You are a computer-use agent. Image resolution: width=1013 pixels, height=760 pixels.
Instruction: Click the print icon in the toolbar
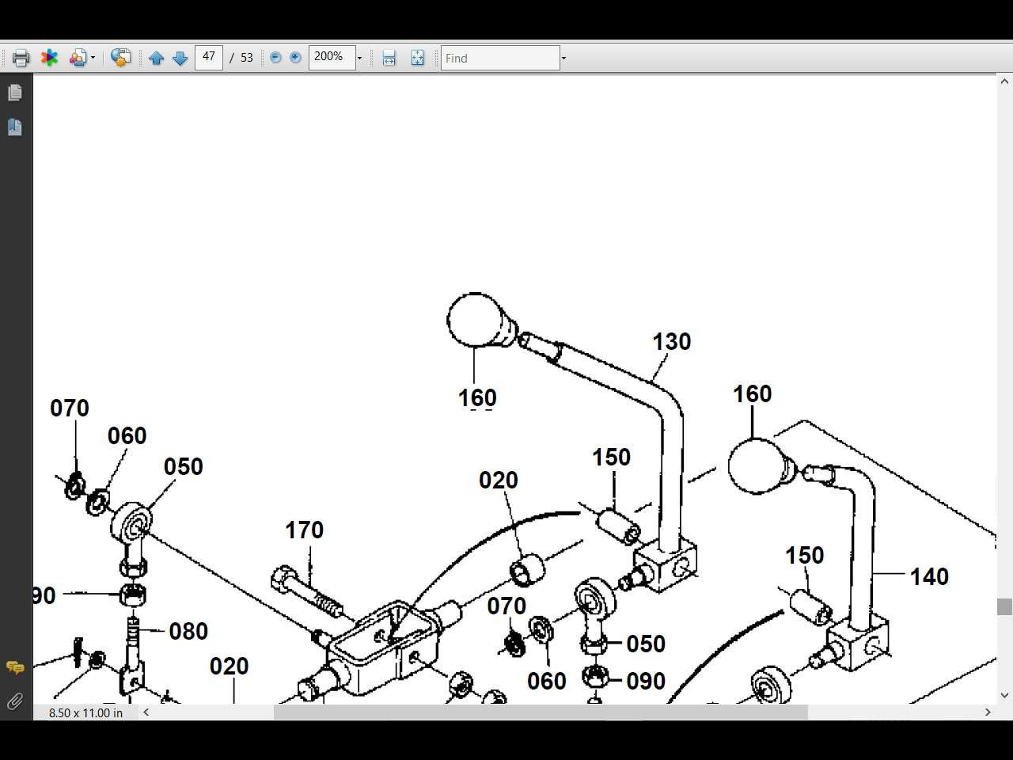tap(21, 58)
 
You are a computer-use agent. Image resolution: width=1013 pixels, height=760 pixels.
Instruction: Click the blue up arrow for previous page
tap(156, 58)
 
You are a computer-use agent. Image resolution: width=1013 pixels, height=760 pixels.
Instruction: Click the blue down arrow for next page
tap(180, 58)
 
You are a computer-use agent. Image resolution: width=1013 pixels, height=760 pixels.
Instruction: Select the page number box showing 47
tap(208, 57)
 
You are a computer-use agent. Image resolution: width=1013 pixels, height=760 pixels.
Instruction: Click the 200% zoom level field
tap(331, 57)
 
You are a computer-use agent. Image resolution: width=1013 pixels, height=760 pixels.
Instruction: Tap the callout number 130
tap(671, 342)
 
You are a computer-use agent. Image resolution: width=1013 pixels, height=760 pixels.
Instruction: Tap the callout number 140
tap(928, 577)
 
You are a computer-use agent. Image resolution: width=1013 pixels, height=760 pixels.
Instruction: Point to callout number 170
tap(304, 530)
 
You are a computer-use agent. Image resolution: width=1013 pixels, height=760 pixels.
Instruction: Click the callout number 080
tap(188, 632)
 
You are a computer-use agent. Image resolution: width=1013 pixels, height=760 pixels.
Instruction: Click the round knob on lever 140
tap(755, 466)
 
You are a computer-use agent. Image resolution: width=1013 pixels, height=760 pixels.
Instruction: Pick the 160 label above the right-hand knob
tap(752, 394)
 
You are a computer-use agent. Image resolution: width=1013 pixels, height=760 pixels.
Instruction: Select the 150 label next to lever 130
tap(611, 458)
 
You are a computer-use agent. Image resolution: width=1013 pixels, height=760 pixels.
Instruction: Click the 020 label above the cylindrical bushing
tap(498, 481)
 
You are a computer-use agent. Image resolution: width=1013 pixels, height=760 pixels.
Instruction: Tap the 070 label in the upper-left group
tap(70, 408)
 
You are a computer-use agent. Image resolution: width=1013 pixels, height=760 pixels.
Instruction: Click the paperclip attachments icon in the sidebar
tap(15, 701)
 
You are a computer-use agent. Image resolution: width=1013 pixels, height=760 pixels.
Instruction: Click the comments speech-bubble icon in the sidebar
tap(15, 667)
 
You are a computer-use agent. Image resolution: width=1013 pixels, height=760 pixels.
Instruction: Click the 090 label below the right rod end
tap(645, 681)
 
